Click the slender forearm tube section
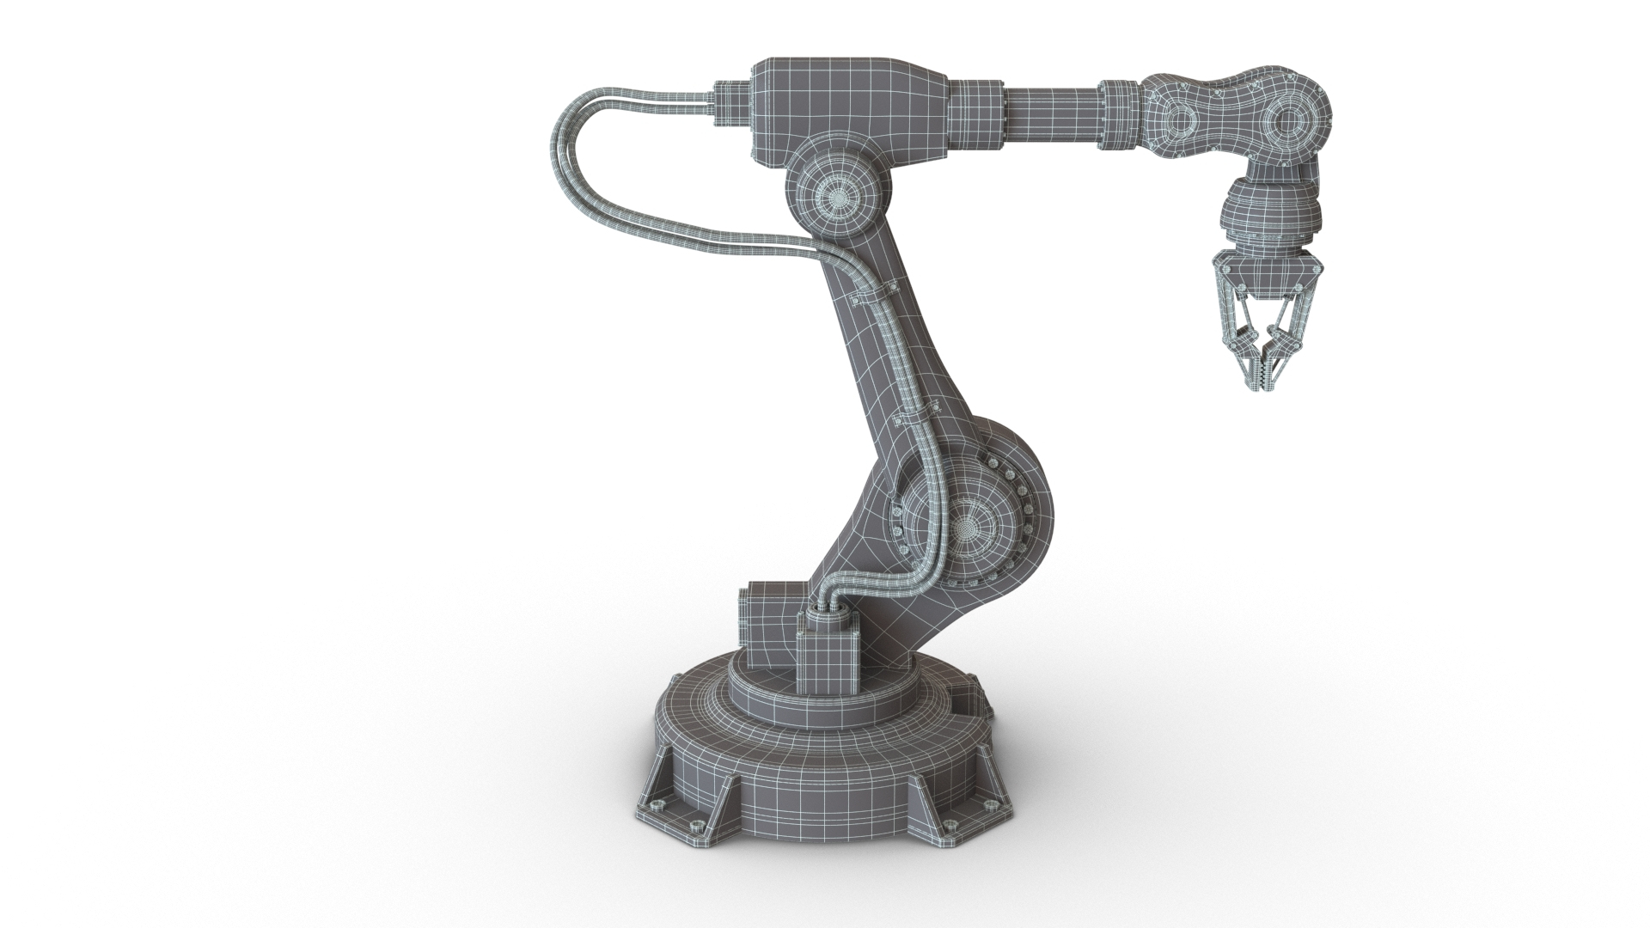1053,113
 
